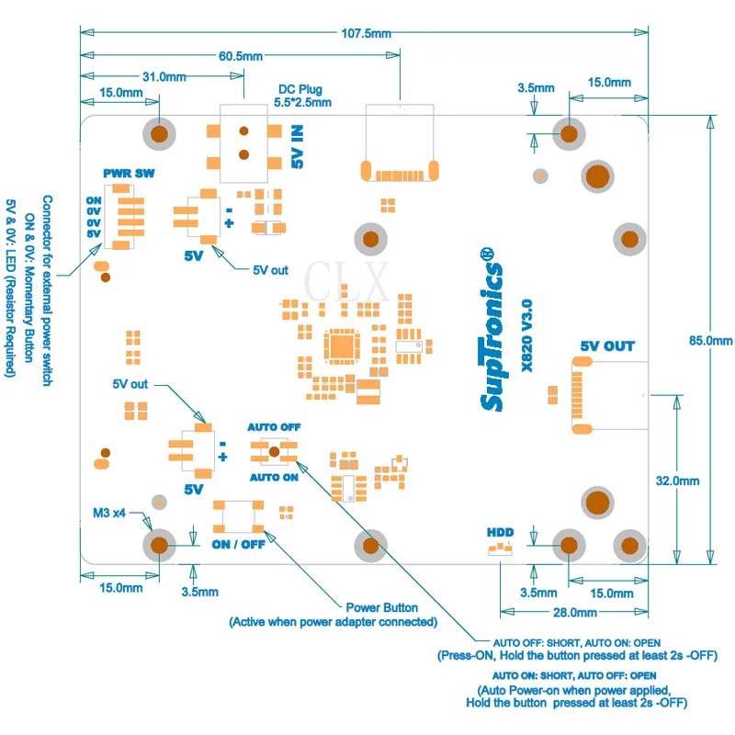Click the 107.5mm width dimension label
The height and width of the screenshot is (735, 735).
tap(366, 33)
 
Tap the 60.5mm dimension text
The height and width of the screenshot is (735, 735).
tap(241, 56)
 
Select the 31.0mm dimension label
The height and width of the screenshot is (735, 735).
tap(164, 76)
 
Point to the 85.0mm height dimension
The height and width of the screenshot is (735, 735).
tap(710, 341)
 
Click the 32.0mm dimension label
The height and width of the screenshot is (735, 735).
tap(677, 481)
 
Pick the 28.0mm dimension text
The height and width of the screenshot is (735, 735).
tap(575, 613)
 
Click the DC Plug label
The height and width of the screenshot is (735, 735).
tap(300, 89)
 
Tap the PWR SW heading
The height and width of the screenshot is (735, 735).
tap(129, 174)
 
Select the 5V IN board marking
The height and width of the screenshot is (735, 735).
tap(298, 146)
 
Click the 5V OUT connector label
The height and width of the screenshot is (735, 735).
tap(607, 346)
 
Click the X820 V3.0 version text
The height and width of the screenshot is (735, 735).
tap(526, 335)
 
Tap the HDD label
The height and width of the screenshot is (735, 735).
tap(500, 533)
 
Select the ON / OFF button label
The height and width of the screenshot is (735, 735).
tap(238, 545)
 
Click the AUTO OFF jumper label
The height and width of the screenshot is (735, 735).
tap(274, 427)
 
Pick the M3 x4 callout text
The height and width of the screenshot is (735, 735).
tap(109, 514)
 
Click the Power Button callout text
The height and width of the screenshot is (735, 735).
tap(382, 608)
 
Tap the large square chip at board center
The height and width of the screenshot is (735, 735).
tap(342, 347)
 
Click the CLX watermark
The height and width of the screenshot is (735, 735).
tap(346, 281)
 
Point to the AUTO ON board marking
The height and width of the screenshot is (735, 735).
tap(274, 478)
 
